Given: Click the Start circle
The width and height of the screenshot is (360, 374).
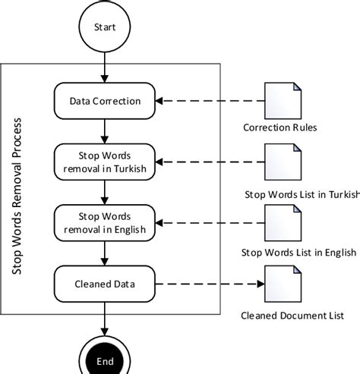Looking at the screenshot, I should click(106, 27).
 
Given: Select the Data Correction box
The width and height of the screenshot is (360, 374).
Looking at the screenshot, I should click(106, 100).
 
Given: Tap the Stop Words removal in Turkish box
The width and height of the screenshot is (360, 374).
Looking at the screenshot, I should click(106, 162).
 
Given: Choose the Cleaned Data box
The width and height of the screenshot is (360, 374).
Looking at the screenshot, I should click(106, 285).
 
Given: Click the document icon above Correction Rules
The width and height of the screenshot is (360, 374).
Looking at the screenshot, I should click(279, 100).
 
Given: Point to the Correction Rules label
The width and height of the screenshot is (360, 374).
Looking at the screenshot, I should click(280, 127).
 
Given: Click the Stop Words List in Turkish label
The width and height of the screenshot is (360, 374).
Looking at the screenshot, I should click(301, 193).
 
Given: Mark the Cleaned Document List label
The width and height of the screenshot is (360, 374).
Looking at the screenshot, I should click(292, 315).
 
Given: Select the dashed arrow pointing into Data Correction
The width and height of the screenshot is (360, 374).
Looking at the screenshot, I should click(209, 100).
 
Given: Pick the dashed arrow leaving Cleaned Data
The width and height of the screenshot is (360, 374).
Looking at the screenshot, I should click(209, 285).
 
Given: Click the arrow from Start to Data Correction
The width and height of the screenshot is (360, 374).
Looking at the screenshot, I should click(106, 68).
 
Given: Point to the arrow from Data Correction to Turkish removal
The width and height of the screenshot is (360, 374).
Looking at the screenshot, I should click(106, 130).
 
